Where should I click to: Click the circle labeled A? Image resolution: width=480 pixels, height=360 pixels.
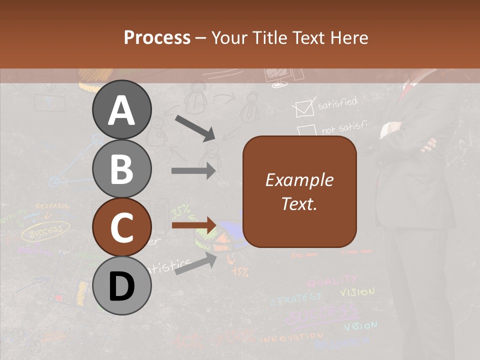pos(121,110)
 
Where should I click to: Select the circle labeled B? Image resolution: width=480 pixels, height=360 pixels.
pos(121,169)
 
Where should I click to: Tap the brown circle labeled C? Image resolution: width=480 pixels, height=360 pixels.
pos(121,227)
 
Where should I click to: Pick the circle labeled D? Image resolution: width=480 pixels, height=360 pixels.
pos(121,286)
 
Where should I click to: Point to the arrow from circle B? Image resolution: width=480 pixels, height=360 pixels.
pos(193,170)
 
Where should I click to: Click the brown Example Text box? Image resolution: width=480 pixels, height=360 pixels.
pos(299,192)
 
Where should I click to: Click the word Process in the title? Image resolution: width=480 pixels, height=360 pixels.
pos(157,37)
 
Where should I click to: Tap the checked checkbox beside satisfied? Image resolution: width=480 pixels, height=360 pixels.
pos(303,108)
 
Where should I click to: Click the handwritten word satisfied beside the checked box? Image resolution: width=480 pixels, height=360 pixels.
pos(337,103)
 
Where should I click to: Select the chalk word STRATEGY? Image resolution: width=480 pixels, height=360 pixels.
pos(295,299)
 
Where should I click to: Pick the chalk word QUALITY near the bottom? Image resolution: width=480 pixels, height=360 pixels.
pos(332,281)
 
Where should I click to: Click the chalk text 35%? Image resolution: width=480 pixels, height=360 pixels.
pos(180,212)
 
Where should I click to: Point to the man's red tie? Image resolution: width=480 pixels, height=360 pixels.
pos(407,90)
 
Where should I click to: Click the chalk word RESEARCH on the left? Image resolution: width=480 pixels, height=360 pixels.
pos(52,206)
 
